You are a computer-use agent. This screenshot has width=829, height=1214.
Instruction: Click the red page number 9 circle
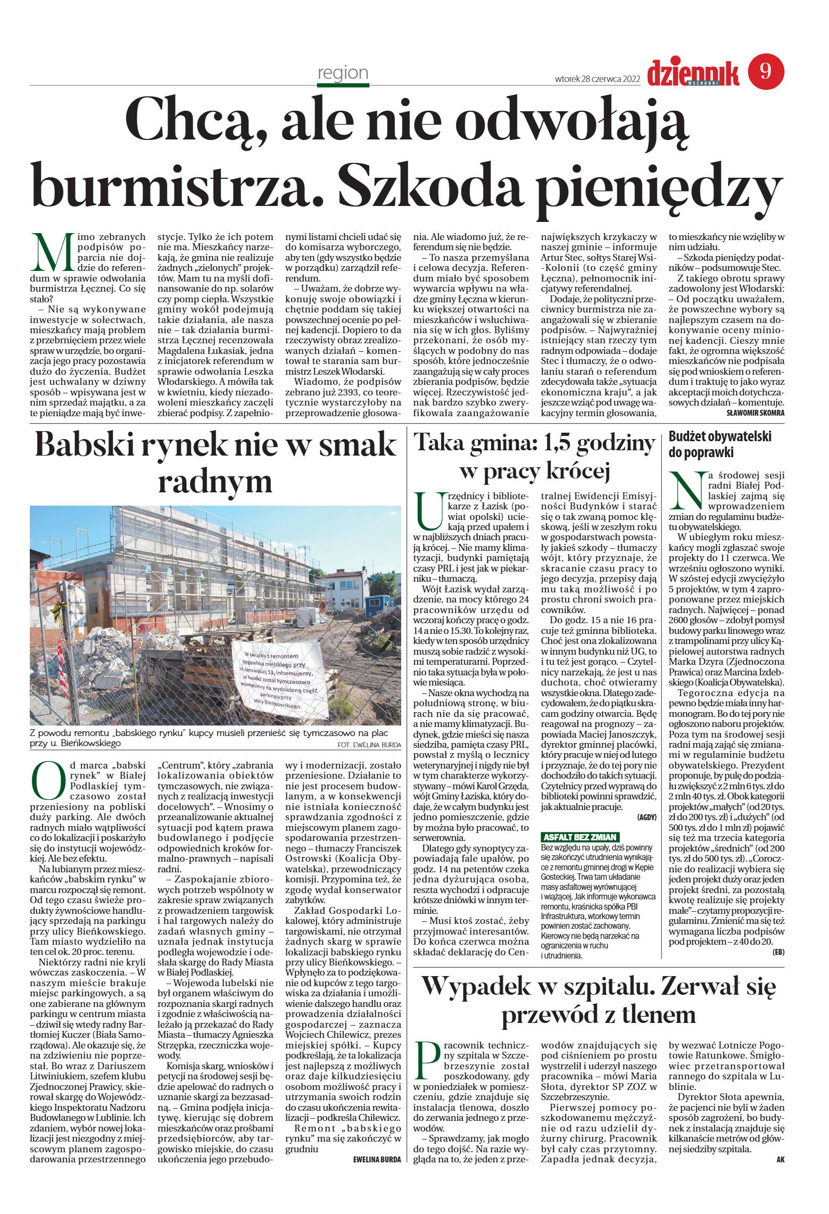pos(766,72)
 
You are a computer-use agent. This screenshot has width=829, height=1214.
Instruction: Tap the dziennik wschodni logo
pos(693,73)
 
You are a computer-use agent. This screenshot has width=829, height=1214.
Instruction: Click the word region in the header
pos(343,72)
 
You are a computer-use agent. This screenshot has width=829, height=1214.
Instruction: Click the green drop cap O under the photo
pos(48,780)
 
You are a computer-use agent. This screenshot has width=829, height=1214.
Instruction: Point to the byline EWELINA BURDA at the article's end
pos(376,1160)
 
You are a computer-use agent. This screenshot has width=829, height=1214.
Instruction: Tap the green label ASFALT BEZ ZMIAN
pos(579,837)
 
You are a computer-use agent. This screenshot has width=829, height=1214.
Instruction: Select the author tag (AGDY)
pos(646,817)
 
